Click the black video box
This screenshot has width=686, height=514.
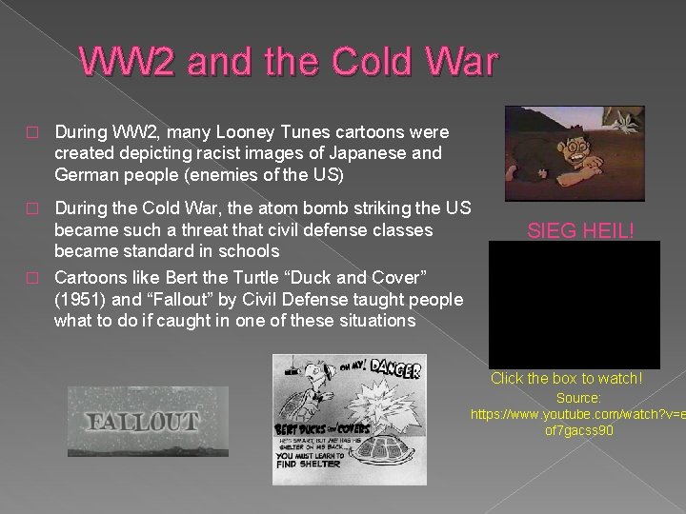pos(574,305)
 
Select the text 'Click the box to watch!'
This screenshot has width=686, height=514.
pos(566,378)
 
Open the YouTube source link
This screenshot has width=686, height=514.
pos(577,423)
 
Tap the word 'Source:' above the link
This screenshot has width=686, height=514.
pos(578,397)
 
